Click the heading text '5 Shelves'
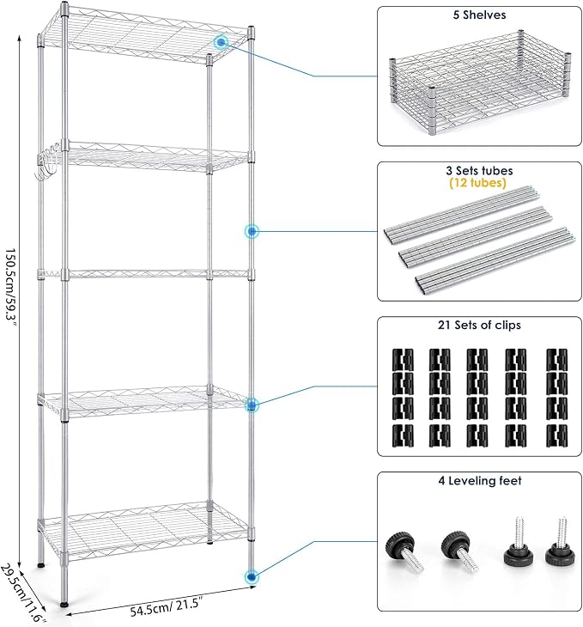[x=479, y=15]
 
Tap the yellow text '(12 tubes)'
[x=478, y=183]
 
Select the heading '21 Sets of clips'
[x=479, y=326]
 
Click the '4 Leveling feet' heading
[x=480, y=480]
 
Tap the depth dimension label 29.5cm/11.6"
[x=23, y=593]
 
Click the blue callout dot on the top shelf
[x=221, y=42]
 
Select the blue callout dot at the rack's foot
[x=251, y=576]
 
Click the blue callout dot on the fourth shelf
[x=251, y=405]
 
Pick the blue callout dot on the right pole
[x=252, y=231]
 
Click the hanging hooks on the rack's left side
[x=48, y=162]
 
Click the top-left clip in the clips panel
[x=403, y=359]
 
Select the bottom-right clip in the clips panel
[x=557, y=435]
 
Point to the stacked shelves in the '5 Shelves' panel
[x=479, y=82]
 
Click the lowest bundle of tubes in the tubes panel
[x=495, y=262]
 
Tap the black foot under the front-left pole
[x=64, y=604]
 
